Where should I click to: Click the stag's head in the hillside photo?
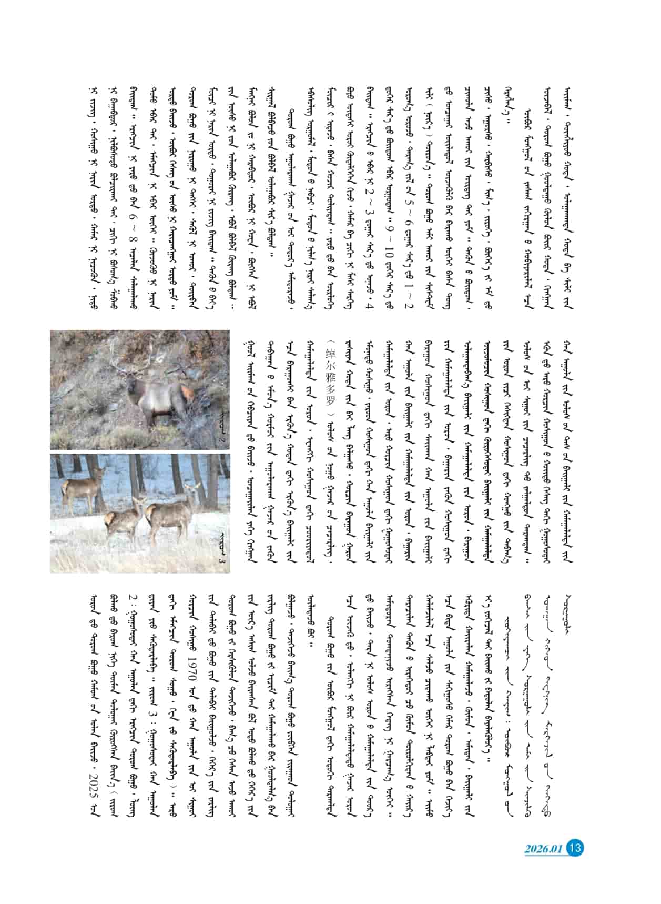pos(129,370)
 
